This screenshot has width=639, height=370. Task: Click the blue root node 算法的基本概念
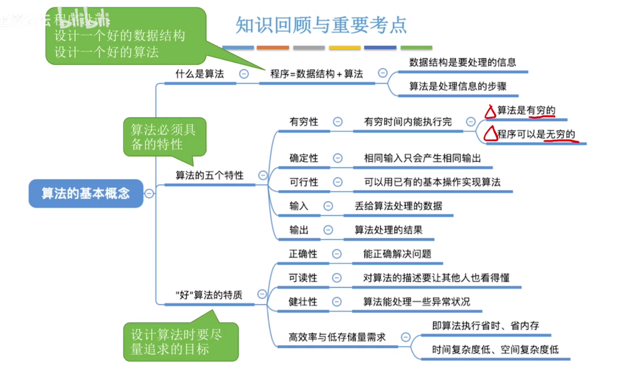[x=86, y=193]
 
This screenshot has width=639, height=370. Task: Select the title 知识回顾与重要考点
[x=321, y=25]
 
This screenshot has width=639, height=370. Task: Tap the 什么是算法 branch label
[x=200, y=74]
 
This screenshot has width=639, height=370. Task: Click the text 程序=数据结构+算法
[x=316, y=74]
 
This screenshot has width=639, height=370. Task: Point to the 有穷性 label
[x=304, y=122]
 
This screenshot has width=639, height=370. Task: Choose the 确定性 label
[x=304, y=158]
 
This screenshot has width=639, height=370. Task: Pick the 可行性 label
[x=304, y=182]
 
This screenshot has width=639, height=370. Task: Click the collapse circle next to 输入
[x=328, y=206]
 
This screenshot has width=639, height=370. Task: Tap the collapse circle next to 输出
[x=328, y=230]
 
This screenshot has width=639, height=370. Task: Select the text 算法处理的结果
[x=388, y=230]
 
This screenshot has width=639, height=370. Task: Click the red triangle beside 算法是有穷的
[x=490, y=112]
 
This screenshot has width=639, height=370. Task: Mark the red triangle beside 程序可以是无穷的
[x=491, y=134]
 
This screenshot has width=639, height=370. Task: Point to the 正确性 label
[x=303, y=254]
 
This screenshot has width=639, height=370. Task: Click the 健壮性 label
[x=303, y=302]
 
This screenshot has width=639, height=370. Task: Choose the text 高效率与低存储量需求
[x=337, y=337]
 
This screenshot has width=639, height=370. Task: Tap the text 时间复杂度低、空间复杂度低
[x=495, y=349]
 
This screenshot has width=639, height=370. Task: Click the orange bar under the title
[x=273, y=47]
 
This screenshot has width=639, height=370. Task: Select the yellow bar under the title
[x=345, y=47]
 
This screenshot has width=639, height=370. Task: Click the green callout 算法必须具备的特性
[x=164, y=137]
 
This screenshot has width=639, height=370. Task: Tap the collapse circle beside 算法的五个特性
[x=263, y=175]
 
